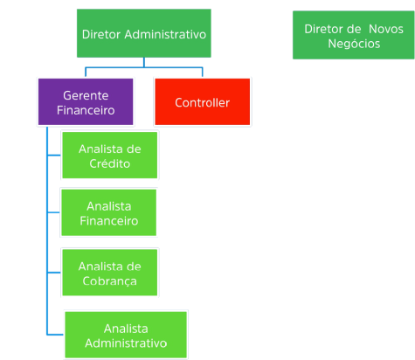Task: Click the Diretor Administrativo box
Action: [143, 35]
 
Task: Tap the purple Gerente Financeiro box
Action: [85, 102]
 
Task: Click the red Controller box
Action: [202, 102]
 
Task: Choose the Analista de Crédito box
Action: [109, 156]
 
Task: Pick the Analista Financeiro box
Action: [109, 213]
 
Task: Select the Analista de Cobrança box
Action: [109, 273]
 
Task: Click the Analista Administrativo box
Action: [125, 335]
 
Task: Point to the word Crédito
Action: [109, 163]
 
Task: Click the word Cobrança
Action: [109, 280]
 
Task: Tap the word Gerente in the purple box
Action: [86, 94]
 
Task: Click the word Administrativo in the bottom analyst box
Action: [125, 343]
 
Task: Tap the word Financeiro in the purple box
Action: [86, 111]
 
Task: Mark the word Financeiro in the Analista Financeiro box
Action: [109, 221]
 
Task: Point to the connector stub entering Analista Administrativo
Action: [54, 334]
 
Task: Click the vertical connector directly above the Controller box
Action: [203, 71]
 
